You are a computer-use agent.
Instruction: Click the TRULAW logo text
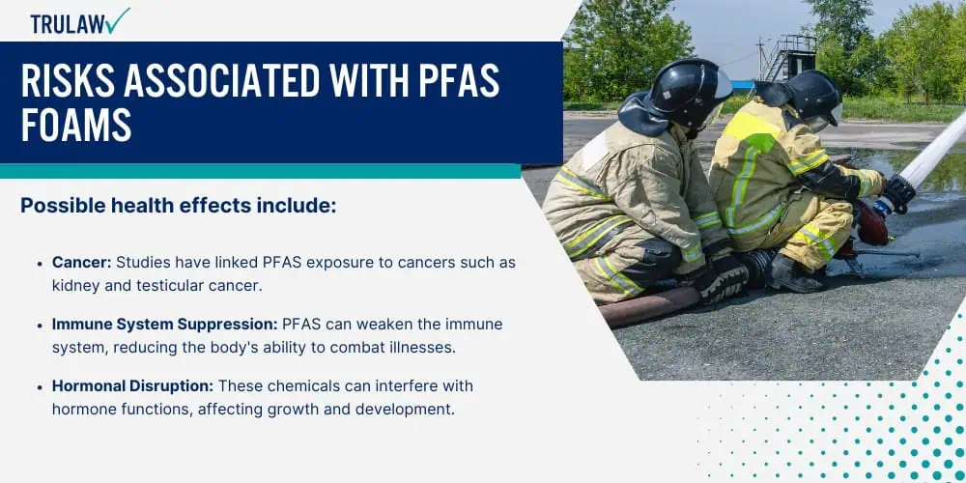[x=68, y=24]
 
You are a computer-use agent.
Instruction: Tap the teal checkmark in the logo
[x=117, y=20]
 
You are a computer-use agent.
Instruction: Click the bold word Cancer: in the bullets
[x=82, y=263]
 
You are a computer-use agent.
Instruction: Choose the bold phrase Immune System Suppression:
[x=165, y=324]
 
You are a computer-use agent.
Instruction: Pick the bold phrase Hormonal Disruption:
[x=133, y=386]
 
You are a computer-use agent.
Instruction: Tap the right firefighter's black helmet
[x=812, y=96]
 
